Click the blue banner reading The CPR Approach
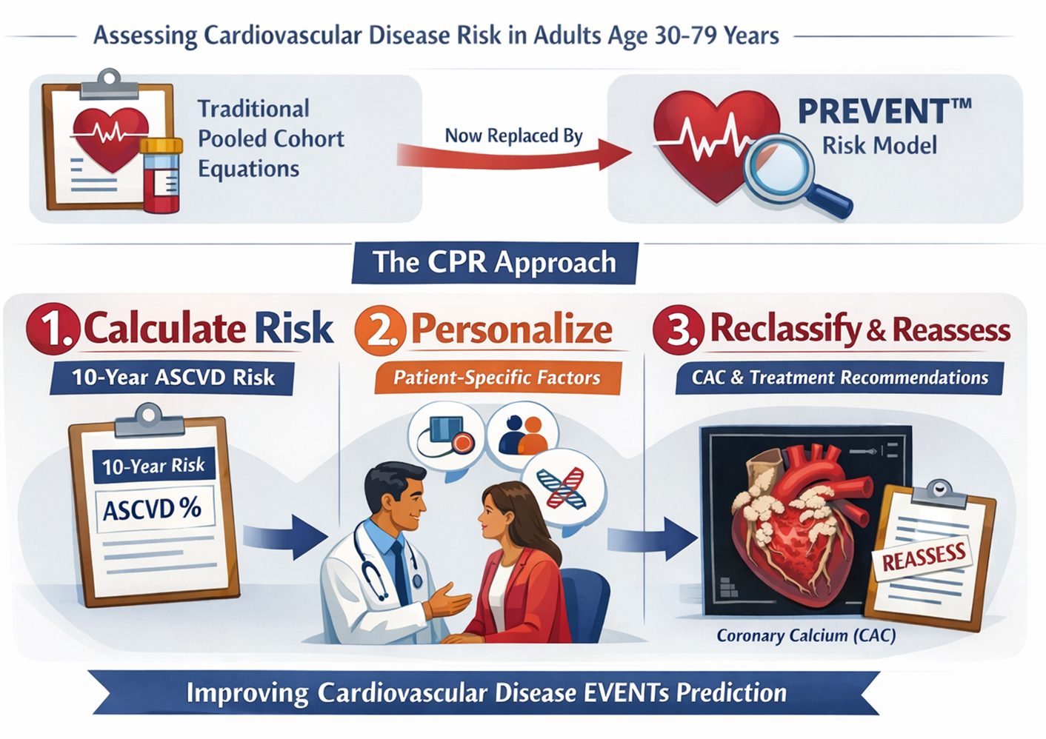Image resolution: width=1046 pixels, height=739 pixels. (494, 263)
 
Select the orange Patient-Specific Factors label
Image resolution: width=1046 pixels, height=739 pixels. (496, 378)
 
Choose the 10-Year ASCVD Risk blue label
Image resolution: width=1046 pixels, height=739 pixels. (173, 378)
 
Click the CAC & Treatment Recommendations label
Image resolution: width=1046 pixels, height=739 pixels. (839, 378)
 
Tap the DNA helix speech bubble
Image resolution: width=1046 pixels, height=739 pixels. (562, 489)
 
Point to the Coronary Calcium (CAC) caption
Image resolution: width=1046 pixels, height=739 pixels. (806, 635)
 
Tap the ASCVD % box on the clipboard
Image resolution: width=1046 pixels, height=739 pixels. (153, 509)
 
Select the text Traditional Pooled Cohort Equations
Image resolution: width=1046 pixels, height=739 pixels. (270, 138)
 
